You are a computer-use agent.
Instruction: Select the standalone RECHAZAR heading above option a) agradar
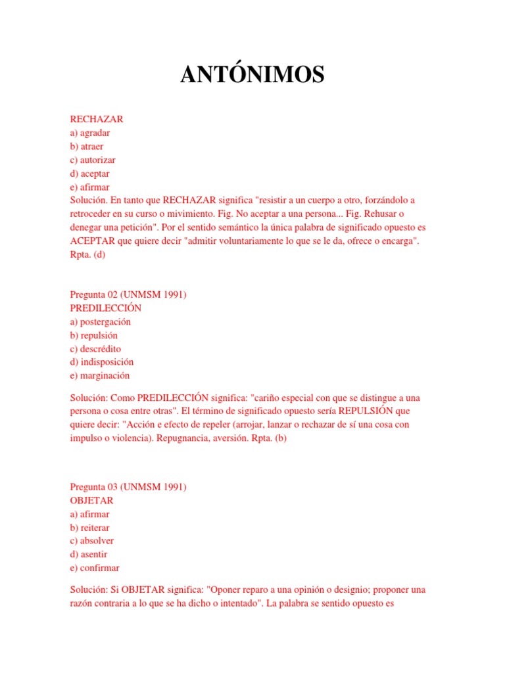click(x=96, y=120)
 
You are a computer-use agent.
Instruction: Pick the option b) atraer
click(x=87, y=147)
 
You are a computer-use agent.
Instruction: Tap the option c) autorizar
click(x=93, y=160)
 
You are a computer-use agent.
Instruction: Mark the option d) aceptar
click(x=89, y=174)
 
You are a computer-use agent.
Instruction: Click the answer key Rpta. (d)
click(x=87, y=255)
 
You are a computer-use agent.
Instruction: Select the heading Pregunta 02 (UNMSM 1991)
click(x=128, y=294)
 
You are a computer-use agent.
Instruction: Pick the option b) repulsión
click(x=93, y=335)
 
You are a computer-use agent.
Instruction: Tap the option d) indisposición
click(x=101, y=362)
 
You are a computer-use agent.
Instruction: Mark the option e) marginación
click(x=99, y=375)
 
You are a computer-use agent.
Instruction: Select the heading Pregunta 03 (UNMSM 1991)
click(x=128, y=487)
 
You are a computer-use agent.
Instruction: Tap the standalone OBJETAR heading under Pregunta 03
click(x=91, y=501)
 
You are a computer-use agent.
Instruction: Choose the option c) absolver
click(x=91, y=541)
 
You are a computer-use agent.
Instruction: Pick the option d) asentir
click(x=88, y=554)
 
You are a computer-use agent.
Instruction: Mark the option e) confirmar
click(x=95, y=568)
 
